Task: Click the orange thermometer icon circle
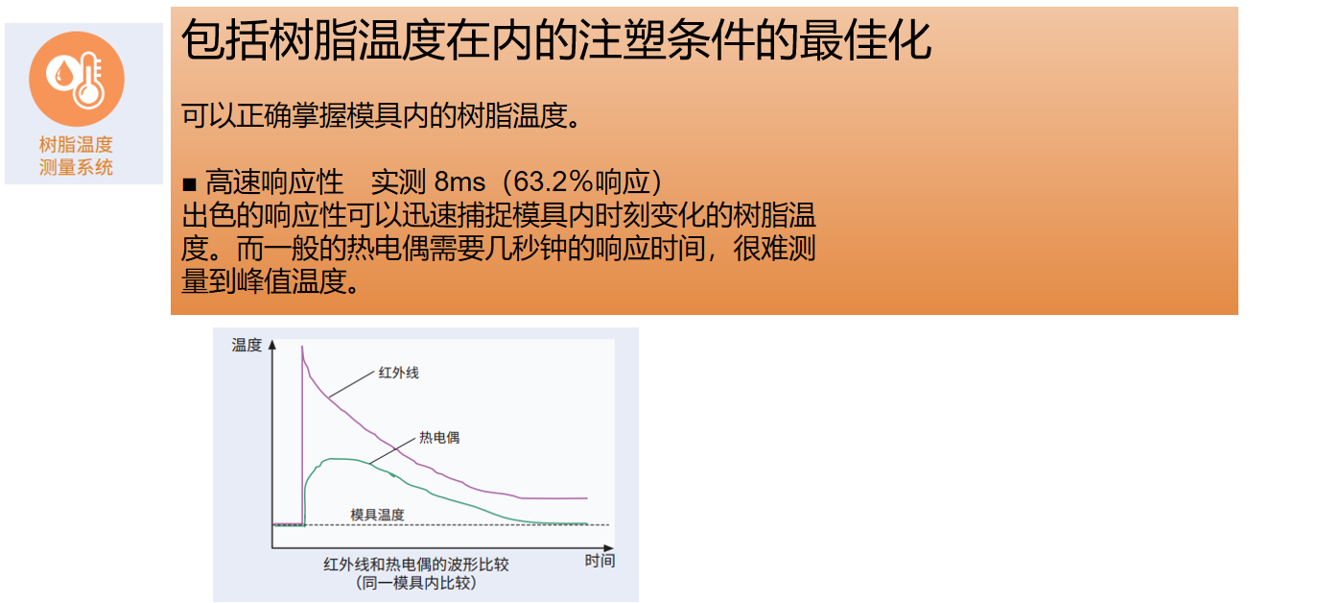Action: coord(77,79)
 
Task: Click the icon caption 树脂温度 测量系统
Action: coord(76,157)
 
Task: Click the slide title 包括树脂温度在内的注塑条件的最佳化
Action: coord(556,40)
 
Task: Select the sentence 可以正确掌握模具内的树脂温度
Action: coord(381,115)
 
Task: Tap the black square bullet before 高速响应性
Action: coord(189,185)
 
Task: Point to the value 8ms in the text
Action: coord(459,182)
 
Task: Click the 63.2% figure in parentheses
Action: coord(553,182)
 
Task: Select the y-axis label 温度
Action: coord(246,345)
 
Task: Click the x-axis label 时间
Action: coord(600,561)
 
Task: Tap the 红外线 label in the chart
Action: coord(398,373)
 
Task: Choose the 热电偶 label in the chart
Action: coord(439,438)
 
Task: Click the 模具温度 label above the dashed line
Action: coord(377,515)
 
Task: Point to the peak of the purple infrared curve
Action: coord(302,347)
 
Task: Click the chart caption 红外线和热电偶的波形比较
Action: coord(416,565)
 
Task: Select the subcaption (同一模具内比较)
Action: coord(416,583)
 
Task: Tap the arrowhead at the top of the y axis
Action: coord(271,345)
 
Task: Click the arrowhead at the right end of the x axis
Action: coord(609,548)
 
